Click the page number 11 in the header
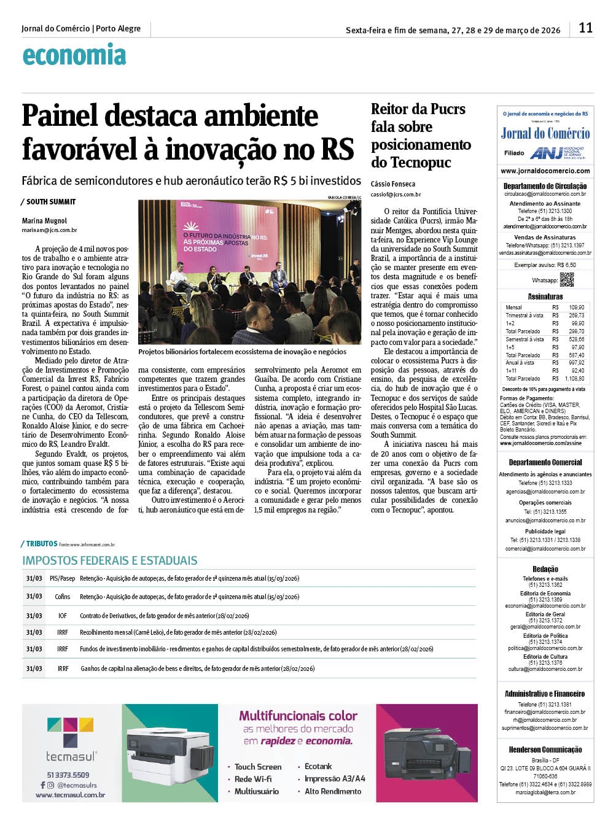click(585, 28)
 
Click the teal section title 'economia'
click(74, 55)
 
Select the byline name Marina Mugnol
click(44, 221)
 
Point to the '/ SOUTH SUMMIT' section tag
click(49, 202)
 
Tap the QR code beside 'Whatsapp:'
click(567, 279)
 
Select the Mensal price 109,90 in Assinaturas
click(576, 307)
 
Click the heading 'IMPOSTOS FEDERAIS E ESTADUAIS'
click(110, 560)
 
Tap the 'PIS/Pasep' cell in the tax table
click(62, 578)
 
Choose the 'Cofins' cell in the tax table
click(62, 597)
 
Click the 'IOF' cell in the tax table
click(63, 616)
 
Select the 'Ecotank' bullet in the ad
click(318, 767)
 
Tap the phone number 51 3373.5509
click(68, 775)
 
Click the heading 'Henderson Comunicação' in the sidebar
click(545, 749)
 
